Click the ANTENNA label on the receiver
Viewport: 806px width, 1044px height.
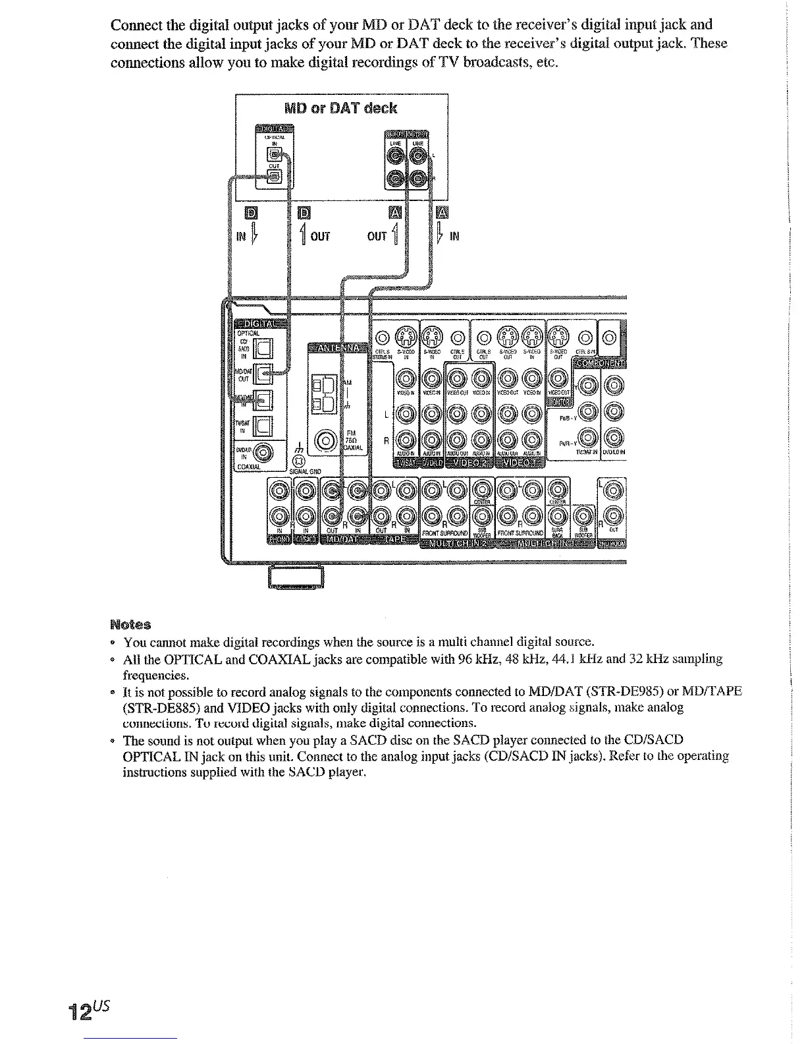(x=336, y=348)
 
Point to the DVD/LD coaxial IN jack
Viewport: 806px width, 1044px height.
(x=262, y=452)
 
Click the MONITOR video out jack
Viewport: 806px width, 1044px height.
(x=558, y=379)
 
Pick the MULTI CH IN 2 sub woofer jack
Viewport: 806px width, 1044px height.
(x=481, y=517)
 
